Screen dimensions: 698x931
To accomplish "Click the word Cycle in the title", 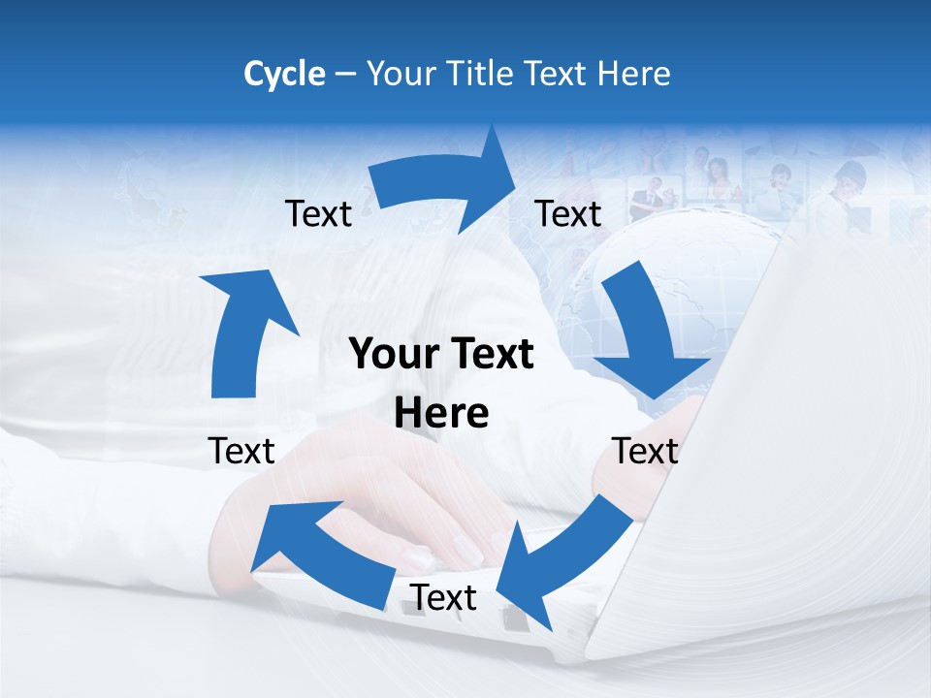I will point(284,74).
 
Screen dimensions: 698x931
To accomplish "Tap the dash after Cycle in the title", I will point(346,75).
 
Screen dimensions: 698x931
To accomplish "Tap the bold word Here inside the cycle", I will point(441,414).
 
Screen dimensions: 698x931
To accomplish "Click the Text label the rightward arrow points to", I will point(568,213).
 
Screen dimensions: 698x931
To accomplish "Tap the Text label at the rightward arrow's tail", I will point(318,213).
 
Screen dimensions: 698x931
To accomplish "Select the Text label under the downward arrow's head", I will point(645,451).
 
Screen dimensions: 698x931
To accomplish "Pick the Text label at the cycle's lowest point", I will point(443,598).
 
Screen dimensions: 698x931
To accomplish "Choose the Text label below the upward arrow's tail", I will point(241,451).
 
